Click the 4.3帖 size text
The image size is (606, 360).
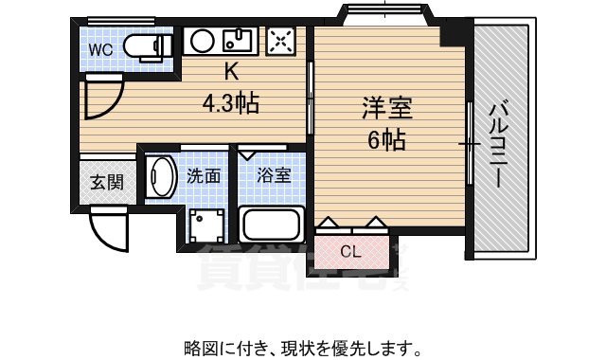pos(231,100)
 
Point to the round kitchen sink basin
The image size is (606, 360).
pos(202,42)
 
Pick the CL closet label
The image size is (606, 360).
pos(350,251)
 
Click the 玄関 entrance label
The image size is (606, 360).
pos(106,183)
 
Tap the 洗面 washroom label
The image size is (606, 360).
pos(204,175)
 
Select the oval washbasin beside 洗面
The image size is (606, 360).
pos(161,177)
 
